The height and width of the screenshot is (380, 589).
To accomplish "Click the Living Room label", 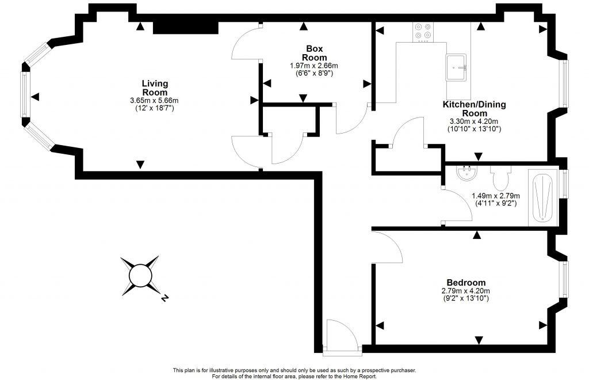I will [x=154, y=88].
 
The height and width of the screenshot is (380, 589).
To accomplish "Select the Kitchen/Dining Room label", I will [x=474, y=109].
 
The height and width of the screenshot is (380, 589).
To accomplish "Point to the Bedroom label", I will [x=466, y=283].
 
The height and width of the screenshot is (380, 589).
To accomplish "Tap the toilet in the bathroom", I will [x=499, y=178].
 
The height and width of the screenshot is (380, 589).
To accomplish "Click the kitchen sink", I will [x=458, y=68].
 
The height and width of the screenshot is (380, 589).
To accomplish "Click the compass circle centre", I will [x=139, y=276].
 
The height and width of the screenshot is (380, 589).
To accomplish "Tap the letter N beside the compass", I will [x=165, y=298].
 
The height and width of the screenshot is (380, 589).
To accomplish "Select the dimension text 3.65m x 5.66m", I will [x=154, y=101].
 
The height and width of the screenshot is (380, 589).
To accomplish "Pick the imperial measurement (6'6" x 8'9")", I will [x=313, y=73].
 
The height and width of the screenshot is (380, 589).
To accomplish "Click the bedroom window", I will [x=565, y=280].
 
